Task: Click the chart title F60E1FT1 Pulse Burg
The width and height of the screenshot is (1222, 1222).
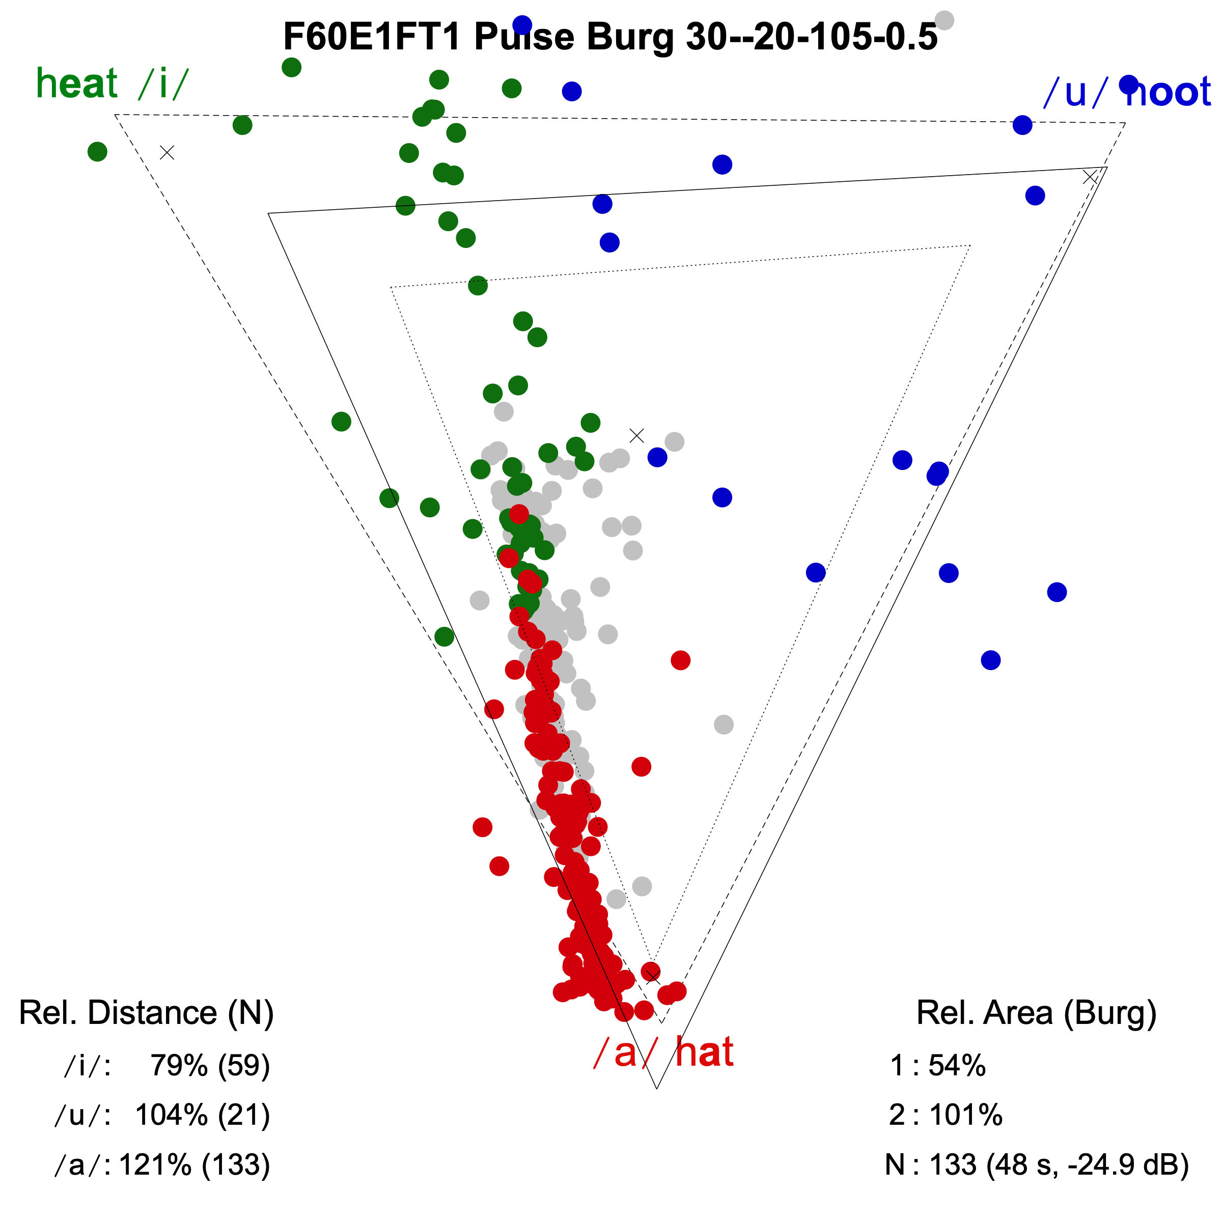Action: click(610, 37)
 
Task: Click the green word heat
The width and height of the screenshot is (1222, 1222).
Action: click(76, 84)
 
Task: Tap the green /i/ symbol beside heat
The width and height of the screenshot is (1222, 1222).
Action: click(163, 84)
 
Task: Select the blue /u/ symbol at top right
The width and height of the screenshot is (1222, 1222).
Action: click(1075, 92)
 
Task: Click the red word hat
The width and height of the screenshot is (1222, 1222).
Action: click(704, 1052)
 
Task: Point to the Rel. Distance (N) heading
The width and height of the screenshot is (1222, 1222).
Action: click(146, 1013)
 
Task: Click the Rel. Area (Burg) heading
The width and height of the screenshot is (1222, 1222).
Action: click(1036, 1013)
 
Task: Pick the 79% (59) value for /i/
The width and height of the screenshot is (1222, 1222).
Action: click(210, 1065)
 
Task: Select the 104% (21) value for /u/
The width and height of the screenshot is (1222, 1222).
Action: click(203, 1115)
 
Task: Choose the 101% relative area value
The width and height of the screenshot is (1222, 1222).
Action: click(965, 1115)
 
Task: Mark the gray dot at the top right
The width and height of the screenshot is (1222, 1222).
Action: click(943, 20)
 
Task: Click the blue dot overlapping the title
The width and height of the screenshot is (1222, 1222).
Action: click(522, 24)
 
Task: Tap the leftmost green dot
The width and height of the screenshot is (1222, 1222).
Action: click(97, 152)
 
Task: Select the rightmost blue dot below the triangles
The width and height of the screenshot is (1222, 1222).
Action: click(1057, 592)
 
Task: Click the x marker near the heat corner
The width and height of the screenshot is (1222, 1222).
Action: click(167, 152)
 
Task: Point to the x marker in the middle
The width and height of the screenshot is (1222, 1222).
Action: click(637, 435)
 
